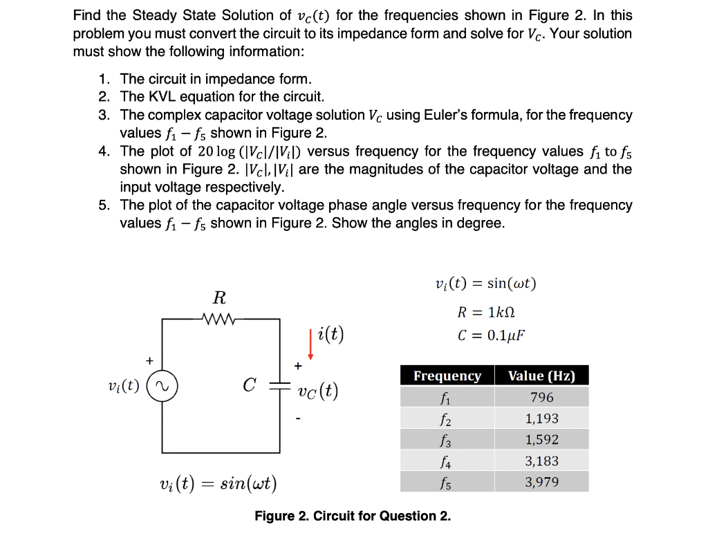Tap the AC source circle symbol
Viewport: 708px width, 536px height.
[x=163, y=385]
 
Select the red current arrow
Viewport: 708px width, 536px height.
[x=311, y=345]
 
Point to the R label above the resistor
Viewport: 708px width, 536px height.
[x=218, y=298]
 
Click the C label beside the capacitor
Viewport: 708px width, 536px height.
[x=250, y=385]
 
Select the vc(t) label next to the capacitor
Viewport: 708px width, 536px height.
[x=317, y=391]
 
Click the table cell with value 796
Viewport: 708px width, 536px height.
[x=541, y=397]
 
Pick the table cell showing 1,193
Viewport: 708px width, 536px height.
[x=541, y=418]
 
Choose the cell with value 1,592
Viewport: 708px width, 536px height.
[x=541, y=439]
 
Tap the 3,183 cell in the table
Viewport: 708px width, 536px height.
[x=541, y=461]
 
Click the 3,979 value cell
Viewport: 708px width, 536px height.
[x=541, y=482]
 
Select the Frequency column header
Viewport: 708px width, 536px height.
[x=447, y=376]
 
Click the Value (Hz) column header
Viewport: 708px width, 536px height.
[x=541, y=376]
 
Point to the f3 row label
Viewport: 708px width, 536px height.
[x=447, y=439]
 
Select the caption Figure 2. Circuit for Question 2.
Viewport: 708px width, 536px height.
[x=353, y=516]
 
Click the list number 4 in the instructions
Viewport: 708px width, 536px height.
[x=103, y=151]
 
